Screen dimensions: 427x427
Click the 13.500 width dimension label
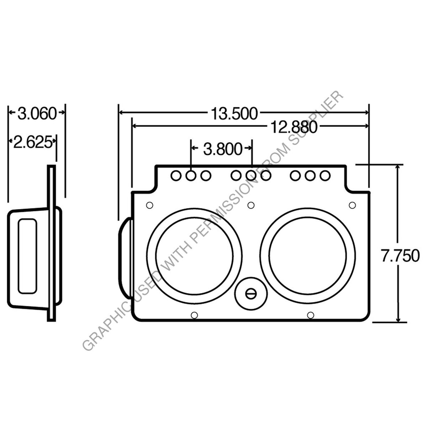(x=234, y=113)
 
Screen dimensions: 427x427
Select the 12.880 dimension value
(x=294, y=127)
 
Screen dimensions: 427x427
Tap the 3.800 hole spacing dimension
(x=223, y=148)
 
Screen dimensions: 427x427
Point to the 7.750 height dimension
(x=399, y=256)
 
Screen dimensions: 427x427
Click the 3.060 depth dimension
(x=37, y=113)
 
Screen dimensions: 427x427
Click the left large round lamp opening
(x=194, y=256)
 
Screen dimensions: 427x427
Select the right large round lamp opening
(x=308, y=256)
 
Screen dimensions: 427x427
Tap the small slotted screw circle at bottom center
(x=250, y=294)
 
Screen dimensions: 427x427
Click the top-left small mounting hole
(x=149, y=205)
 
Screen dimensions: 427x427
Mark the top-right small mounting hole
(x=352, y=205)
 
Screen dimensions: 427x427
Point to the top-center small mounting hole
(x=251, y=205)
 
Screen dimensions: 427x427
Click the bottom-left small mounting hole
(x=193, y=315)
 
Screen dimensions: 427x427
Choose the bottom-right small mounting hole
(x=310, y=315)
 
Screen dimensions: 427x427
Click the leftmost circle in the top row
(x=176, y=176)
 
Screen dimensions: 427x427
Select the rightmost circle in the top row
(x=324, y=176)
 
